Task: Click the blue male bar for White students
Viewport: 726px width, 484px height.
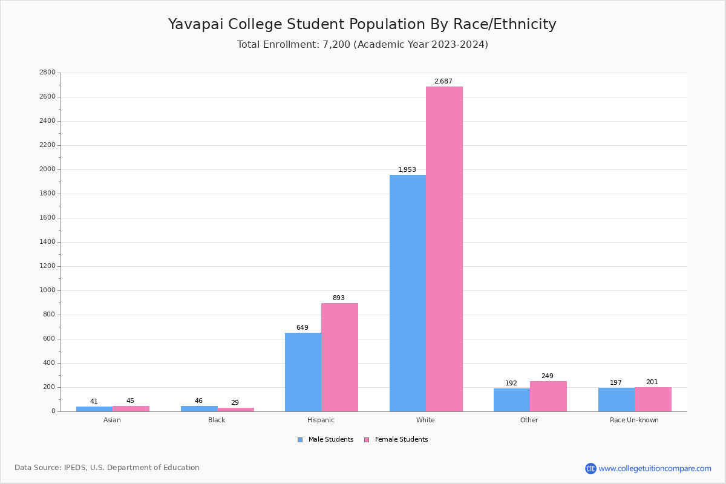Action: pos(407,293)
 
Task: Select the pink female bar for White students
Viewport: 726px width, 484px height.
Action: pos(444,249)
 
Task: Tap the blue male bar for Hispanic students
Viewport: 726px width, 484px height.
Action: pos(303,372)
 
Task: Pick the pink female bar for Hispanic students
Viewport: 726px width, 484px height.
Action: pos(339,357)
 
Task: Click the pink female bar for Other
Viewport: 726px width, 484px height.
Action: pos(548,396)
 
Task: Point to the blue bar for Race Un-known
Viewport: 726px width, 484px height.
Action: pos(616,399)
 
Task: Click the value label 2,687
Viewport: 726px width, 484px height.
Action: pos(443,82)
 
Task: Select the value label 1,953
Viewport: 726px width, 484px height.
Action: pos(407,170)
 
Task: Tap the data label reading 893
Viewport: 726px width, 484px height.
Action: pos(338,298)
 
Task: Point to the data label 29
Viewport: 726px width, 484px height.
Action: pos(235,403)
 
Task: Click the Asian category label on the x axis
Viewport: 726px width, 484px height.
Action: pos(112,420)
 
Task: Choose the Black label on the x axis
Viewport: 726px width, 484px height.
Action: pos(217,420)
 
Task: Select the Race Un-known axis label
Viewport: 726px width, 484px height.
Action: pos(634,420)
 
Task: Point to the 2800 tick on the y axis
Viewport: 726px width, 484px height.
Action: pos(47,73)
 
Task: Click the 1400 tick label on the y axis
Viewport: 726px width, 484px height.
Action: pos(47,242)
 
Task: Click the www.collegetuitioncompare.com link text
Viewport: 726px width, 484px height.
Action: pos(655,469)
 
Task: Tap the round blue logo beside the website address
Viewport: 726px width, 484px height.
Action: pos(590,469)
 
